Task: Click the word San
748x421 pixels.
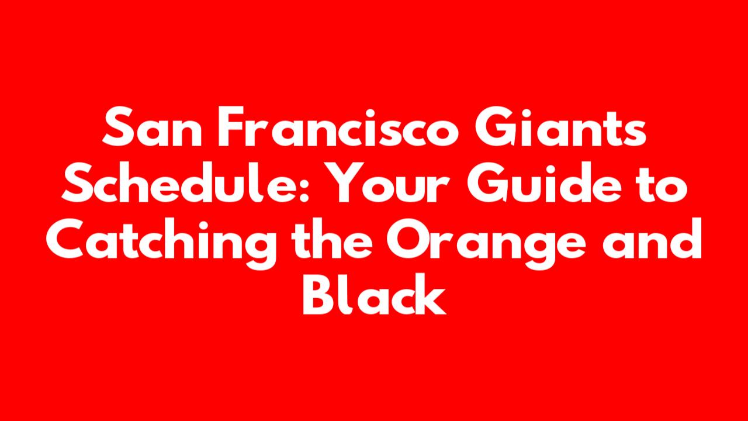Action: click(152, 126)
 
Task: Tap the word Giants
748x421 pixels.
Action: click(560, 126)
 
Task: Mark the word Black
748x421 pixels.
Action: click(375, 294)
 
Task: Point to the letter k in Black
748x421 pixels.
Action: click(431, 294)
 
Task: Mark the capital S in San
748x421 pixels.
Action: click(118, 126)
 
